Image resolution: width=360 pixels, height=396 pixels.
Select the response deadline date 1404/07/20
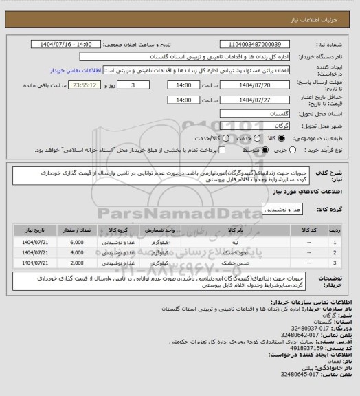point(254,85)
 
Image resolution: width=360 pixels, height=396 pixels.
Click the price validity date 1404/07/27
point(254,100)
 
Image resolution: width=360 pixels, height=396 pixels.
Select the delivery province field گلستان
point(255,113)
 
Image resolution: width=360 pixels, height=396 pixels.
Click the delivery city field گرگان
point(255,127)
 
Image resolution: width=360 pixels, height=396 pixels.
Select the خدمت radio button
point(254,139)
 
